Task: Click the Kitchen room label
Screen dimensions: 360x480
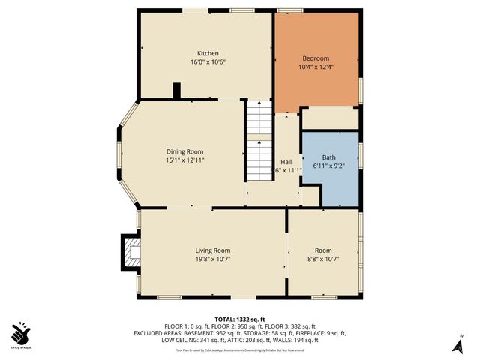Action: point(208,53)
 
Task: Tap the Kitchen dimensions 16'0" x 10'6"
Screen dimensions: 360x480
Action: point(208,62)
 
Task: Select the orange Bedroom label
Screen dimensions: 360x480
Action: point(316,58)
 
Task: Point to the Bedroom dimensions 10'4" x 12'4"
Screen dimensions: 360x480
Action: point(316,67)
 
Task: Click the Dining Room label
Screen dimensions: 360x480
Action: point(184,151)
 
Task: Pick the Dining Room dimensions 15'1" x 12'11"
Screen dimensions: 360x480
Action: point(184,160)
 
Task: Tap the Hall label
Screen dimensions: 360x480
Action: point(286,161)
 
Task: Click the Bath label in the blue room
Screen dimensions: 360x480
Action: point(329,157)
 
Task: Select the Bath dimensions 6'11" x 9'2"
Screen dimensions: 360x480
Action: point(329,166)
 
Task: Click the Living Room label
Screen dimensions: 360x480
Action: point(213,250)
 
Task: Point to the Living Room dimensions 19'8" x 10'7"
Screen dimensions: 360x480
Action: point(213,259)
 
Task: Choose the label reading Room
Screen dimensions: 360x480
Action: point(323,250)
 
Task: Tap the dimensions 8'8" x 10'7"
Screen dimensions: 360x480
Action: point(323,259)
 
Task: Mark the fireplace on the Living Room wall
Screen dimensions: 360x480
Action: point(130,252)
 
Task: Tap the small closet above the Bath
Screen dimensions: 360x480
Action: point(330,118)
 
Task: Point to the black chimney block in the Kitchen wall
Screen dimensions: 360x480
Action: point(176,91)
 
